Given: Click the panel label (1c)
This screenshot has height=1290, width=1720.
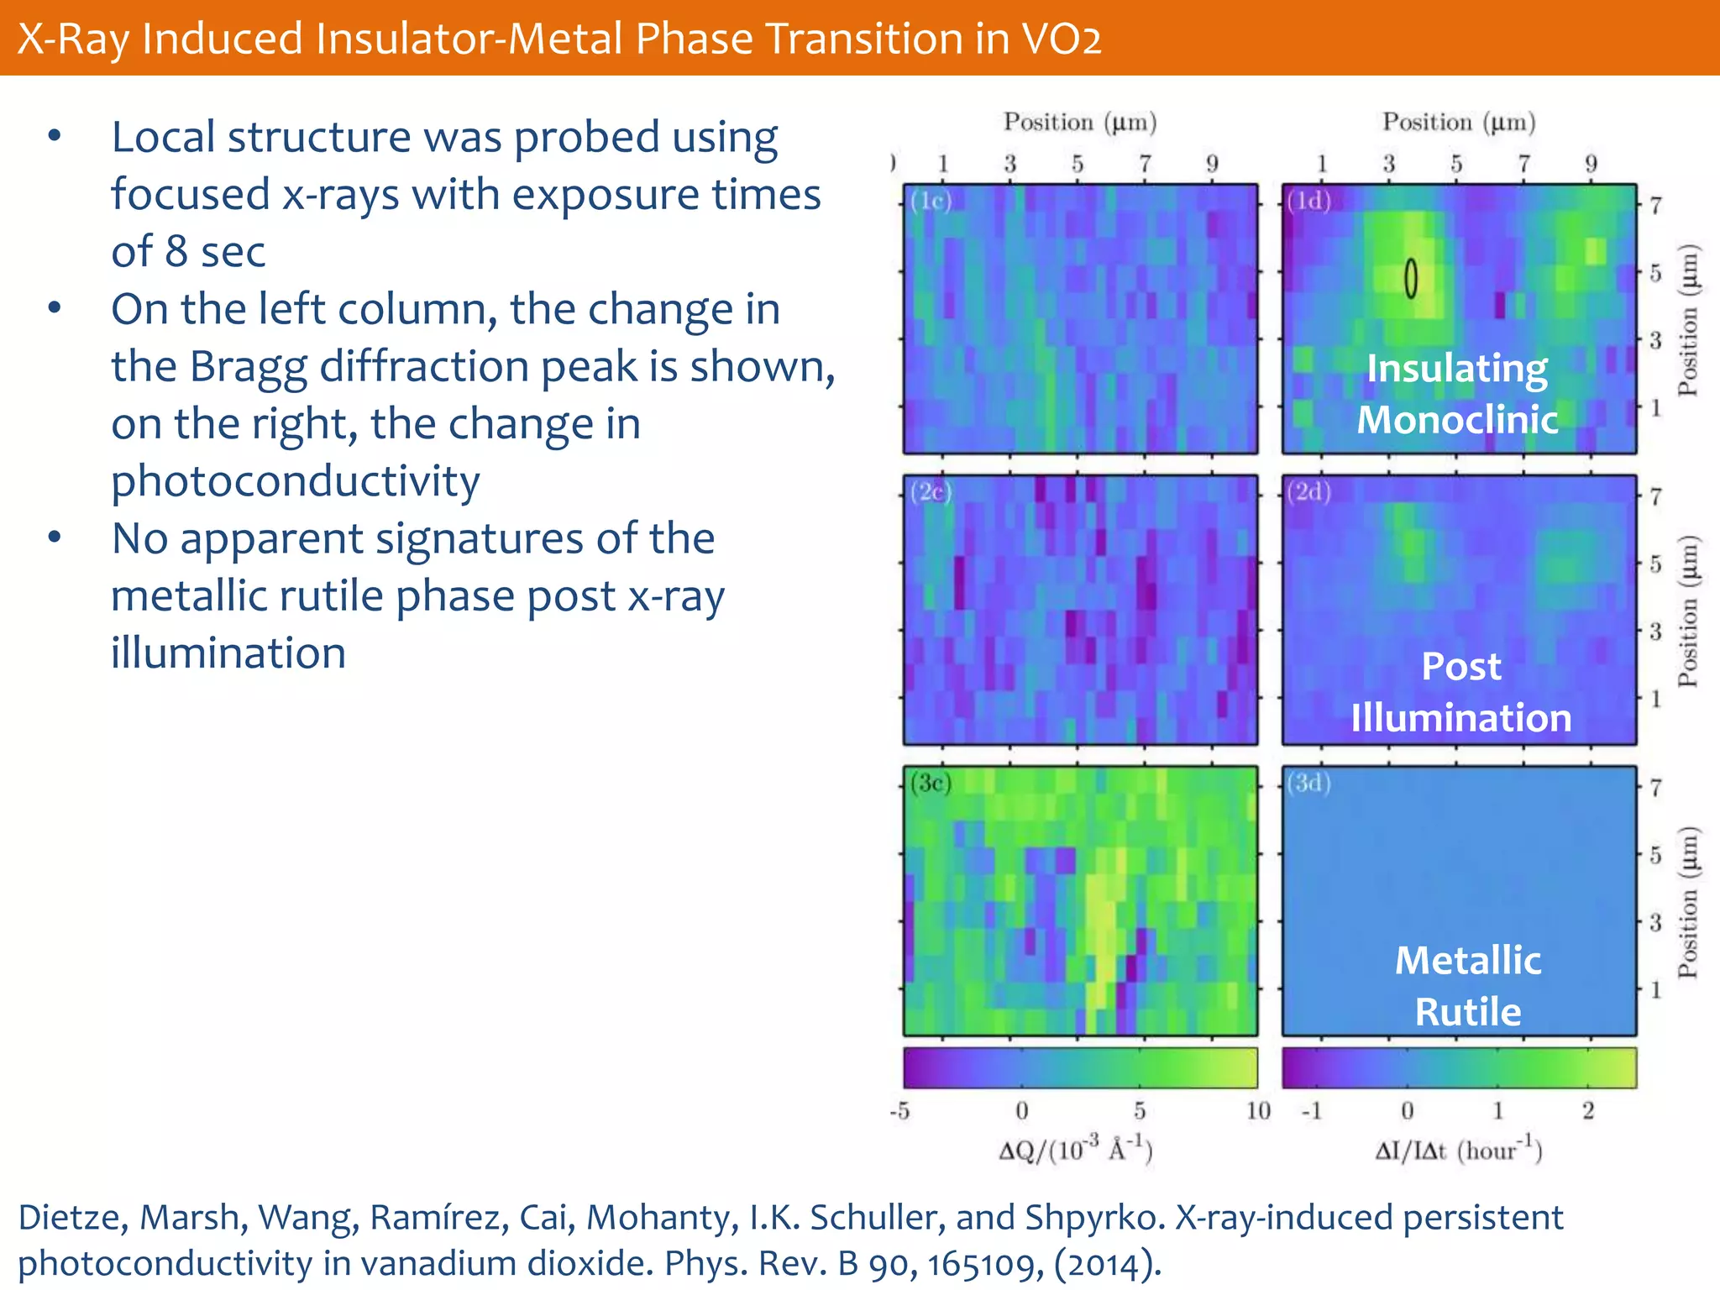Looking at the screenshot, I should coord(930,202).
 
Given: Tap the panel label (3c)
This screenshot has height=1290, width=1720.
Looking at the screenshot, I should coord(930,783).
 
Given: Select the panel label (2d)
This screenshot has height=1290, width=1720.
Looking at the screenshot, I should coord(1308,491).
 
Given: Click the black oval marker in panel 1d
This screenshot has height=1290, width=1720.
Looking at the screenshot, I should coord(1411,279).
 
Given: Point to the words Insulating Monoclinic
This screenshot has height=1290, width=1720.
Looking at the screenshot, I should coord(1457,393).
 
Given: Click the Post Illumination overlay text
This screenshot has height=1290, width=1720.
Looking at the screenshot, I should coord(1460,692).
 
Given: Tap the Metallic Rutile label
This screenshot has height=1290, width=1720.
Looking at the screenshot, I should coord(1467,985).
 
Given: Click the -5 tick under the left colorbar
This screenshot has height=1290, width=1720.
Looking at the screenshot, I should coord(899,1111).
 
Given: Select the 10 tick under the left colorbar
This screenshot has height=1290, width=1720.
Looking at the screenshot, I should coord(1257,1111).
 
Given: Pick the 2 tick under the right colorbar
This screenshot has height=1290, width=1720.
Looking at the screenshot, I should coord(1588,1111).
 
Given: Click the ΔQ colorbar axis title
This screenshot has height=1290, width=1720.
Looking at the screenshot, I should coord(1076,1148).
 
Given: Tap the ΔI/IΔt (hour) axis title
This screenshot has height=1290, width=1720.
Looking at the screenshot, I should coord(1458,1148).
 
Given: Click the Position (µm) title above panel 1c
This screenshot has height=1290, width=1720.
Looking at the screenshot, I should coord(1080,123).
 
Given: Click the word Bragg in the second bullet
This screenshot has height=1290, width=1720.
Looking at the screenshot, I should coord(248,368).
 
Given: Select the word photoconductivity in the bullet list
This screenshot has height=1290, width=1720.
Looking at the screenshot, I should coord(296,481).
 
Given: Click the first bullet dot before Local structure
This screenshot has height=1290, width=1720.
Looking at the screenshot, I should coord(55,136).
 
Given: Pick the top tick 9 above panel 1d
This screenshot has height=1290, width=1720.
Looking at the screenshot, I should coord(1591,164).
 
